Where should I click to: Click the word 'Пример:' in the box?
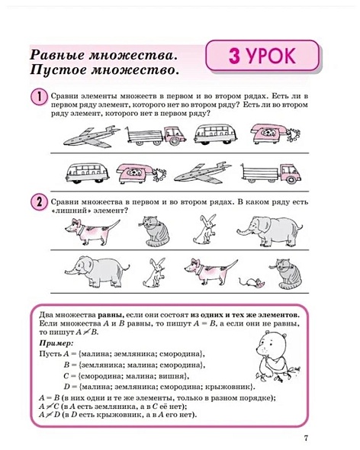coord(52,344)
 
